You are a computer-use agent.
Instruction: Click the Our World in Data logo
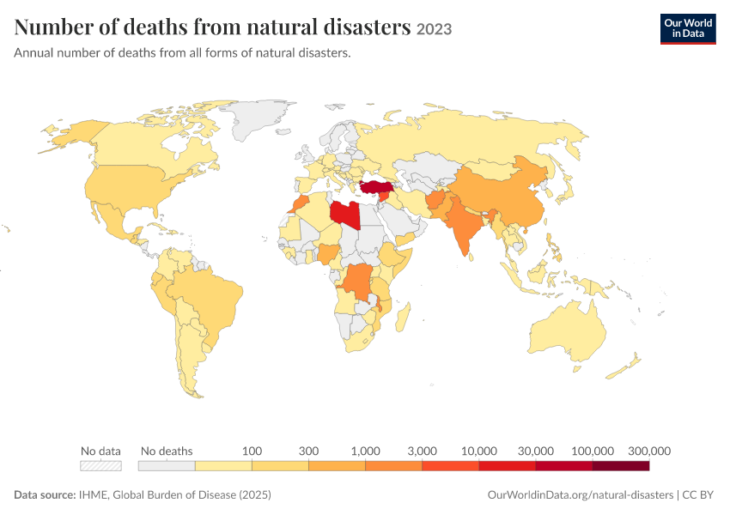[688, 29]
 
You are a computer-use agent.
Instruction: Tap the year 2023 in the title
[434, 29]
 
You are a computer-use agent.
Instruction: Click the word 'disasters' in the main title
[368, 27]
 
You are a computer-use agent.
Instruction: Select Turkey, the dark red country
[376, 187]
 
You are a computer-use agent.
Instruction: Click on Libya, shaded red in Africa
[345, 215]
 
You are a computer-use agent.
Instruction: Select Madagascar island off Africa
[403, 317]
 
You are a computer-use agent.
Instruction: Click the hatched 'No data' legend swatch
[100, 466]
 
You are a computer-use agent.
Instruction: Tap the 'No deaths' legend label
[167, 451]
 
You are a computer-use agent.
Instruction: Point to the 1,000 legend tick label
[366, 451]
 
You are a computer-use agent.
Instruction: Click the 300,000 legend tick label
[649, 451]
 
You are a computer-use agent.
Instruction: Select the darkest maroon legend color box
[621, 466]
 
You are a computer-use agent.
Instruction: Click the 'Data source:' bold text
[45, 494]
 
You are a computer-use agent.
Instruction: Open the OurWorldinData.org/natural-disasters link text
[580, 494]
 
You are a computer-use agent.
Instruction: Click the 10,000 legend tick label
[479, 451]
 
